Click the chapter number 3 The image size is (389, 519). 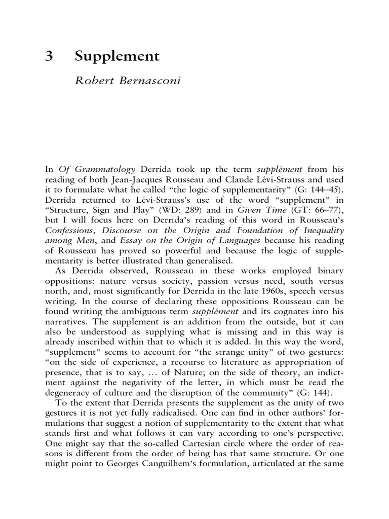[49, 56]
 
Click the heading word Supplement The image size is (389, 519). [117, 57]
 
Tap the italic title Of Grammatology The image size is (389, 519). [94, 169]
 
